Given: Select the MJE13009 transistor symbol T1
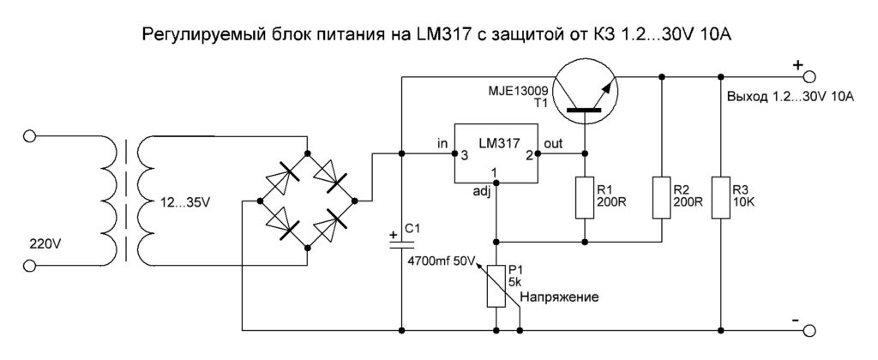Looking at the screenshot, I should (585, 92).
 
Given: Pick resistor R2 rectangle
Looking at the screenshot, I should (662, 196).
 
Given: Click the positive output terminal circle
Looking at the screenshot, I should (805, 76).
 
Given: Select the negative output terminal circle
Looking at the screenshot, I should (805, 328).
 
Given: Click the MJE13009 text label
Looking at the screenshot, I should (513, 91).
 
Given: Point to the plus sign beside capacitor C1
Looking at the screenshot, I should (393, 233).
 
